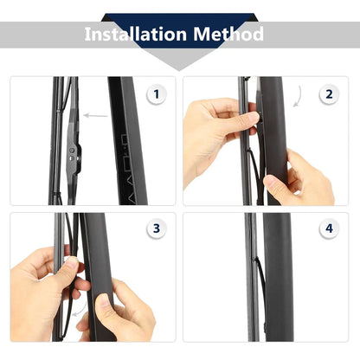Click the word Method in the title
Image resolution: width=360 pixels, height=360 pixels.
(228, 34)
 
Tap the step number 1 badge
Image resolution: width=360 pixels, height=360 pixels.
(156, 94)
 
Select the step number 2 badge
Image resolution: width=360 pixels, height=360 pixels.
(329, 94)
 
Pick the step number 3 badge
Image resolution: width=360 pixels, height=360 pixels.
(156, 228)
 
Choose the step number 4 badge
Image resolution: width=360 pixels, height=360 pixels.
(329, 228)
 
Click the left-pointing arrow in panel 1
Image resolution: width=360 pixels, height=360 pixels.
(95, 116)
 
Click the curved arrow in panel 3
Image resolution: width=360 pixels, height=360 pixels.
(80, 310)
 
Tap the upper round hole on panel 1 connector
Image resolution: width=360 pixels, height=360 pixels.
(72, 150)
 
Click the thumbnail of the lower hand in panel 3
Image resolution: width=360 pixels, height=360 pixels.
(103, 301)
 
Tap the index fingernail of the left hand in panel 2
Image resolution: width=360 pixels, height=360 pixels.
(254, 116)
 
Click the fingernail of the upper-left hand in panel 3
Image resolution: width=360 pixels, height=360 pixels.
(71, 262)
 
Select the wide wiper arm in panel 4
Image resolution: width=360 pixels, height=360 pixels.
(278, 277)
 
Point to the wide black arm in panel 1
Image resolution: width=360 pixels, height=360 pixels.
(128, 141)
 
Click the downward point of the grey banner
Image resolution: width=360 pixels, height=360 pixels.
(179, 70)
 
